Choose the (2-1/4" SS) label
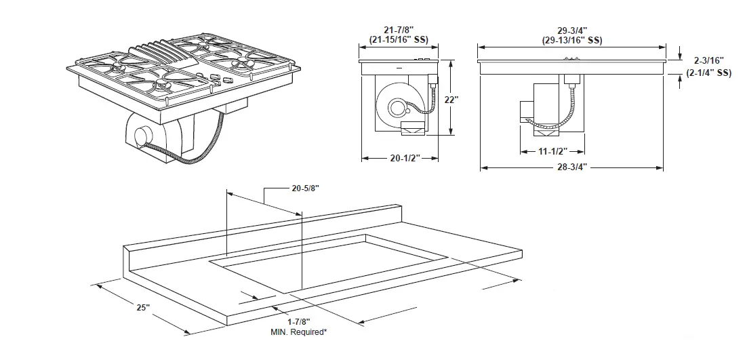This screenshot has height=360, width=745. tap(709, 72)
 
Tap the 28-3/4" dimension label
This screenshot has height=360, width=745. tap(571, 167)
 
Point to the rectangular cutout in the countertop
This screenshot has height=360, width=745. tap(325, 261)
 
